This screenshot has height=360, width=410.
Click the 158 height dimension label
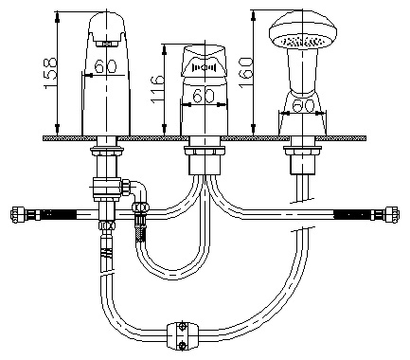(x=50, y=73)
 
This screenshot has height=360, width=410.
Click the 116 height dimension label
(x=157, y=89)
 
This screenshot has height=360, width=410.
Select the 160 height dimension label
(x=246, y=72)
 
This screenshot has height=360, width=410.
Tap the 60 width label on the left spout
(x=105, y=66)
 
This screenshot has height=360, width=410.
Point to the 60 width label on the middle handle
(x=204, y=96)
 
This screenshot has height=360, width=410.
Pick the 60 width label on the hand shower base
(x=303, y=106)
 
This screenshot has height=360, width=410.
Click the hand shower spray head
(x=303, y=32)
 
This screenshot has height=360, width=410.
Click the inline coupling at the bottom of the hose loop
(x=183, y=335)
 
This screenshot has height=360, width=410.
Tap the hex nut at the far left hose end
(x=16, y=215)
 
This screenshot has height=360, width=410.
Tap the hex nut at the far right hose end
(x=392, y=215)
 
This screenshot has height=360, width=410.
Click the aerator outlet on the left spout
(x=108, y=44)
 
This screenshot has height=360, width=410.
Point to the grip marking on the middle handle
(x=204, y=67)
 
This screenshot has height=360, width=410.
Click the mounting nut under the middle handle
(x=205, y=151)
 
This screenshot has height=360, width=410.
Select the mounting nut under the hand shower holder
(x=302, y=151)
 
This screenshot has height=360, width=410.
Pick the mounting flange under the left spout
(x=107, y=151)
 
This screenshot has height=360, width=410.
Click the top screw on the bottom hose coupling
(x=182, y=327)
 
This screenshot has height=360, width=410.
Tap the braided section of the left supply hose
(x=59, y=214)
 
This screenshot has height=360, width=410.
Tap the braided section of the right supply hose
(x=352, y=215)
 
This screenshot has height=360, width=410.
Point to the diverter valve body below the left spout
(x=107, y=189)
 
